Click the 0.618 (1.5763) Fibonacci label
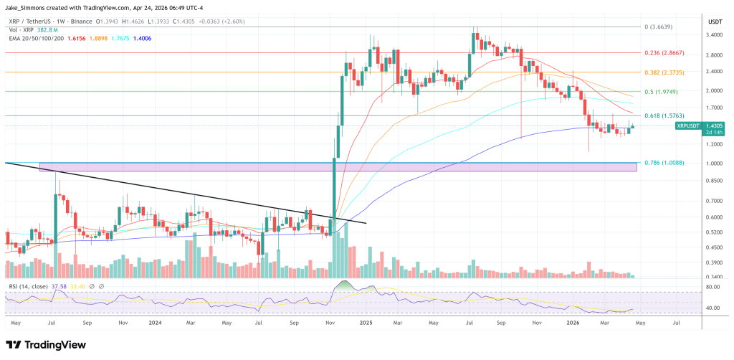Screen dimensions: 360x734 pyautogui.click(x=661, y=115)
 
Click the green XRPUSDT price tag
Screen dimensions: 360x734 pyautogui.click(x=690, y=125)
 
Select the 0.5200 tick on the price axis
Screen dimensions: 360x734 pyautogui.click(x=715, y=232)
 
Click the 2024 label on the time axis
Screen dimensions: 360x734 pyautogui.click(x=156, y=323)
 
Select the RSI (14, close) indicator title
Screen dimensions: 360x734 pyautogui.click(x=29, y=286)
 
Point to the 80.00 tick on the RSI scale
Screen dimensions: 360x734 pyautogui.click(x=713, y=288)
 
